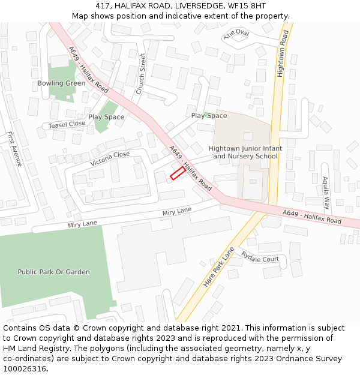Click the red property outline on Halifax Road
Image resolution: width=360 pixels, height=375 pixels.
pos(177,173)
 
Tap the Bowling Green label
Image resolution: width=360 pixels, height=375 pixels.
pos(61,83)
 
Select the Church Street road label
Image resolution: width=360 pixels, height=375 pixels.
pos(141,74)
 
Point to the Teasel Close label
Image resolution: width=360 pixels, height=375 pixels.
pos(67,124)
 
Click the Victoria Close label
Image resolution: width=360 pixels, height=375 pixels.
pos(110,158)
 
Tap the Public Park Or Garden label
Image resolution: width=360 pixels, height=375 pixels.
pos(53,272)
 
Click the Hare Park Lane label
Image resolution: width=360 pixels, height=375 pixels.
pos(218,266)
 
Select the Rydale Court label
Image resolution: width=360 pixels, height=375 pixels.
pos(260,256)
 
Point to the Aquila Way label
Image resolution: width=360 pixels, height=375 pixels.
pos(325,192)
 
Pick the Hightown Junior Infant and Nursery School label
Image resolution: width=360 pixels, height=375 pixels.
pos(245,152)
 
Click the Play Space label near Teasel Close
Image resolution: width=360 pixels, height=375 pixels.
pos(106,117)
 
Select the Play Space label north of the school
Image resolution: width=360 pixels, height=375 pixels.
pos(209,116)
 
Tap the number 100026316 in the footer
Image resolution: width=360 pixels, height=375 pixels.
pos(25,369)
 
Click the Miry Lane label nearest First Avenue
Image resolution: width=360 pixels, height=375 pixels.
pos(83,224)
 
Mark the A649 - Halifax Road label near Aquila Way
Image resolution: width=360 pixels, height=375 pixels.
pos(311,218)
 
